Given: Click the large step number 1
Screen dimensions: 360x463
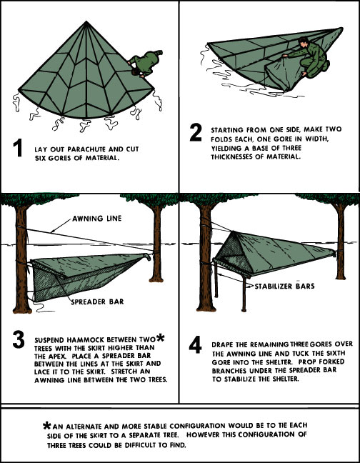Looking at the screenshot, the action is (x=19, y=149).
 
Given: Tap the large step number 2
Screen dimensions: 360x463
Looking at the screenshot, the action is (x=196, y=133).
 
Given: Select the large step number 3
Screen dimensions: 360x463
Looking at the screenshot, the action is (x=19, y=339).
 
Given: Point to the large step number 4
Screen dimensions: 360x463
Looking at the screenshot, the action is (x=195, y=344).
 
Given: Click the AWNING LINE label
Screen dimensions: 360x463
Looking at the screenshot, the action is (x=97, y=219).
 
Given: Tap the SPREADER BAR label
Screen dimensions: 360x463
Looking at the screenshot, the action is (x=97, y=302).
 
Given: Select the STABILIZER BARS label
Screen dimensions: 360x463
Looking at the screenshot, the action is (x=284, y=286).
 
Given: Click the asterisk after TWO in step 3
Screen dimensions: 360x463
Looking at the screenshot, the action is (x=160, y=337).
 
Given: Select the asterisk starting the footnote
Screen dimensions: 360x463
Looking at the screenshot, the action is (x=47, y=426).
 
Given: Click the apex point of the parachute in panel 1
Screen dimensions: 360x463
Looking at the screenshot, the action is (x=86, y=21).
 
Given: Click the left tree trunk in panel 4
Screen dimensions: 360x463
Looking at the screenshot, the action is (x=206, y=257).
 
